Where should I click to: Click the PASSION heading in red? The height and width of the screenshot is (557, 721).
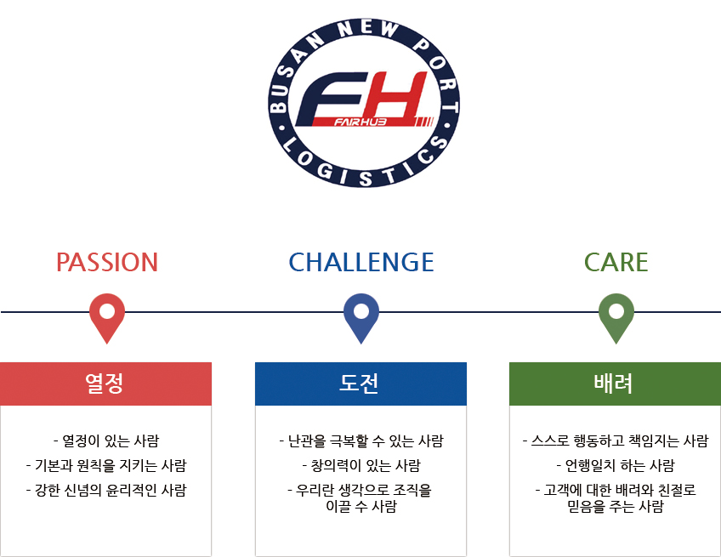[107, 262]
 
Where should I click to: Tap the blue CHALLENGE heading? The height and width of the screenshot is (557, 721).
[361, 262]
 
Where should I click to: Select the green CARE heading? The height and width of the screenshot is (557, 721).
[616, 262]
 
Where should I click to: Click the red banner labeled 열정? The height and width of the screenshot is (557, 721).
[105, 384]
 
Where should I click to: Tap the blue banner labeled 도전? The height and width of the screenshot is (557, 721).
[361, 384]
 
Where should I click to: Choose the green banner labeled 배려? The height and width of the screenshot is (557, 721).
[616, 384]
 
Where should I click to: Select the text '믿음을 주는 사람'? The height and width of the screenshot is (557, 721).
[616, 507]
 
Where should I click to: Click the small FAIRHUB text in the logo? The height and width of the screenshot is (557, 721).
[360, 122]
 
